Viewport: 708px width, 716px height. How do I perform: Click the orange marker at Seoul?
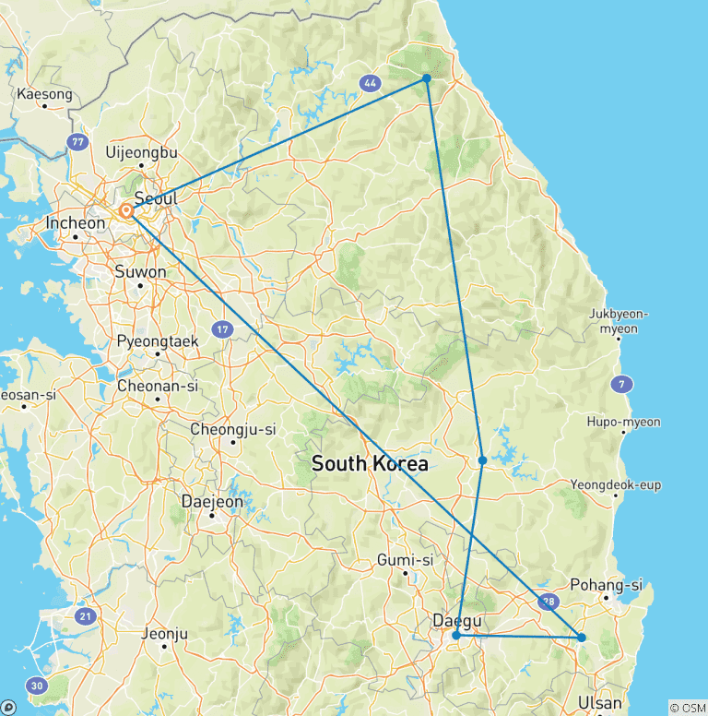126,212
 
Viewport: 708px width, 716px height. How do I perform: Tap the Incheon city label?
75,223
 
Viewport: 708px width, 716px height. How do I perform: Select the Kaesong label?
44,94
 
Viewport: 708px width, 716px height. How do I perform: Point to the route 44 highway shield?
371,83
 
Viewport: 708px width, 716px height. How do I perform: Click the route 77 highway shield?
77,141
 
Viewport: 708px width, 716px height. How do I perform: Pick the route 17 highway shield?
222,328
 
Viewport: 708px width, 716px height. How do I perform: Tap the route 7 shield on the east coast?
624,383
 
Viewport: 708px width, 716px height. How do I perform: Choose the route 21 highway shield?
85,616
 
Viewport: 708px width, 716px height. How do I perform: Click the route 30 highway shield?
37,686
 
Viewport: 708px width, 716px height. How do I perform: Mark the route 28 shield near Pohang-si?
548,601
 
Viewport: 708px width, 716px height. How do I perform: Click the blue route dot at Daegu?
456,635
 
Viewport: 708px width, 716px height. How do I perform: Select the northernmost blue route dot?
427,78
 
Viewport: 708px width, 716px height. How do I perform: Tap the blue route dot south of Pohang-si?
581,637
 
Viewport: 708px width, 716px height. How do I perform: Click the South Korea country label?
370,464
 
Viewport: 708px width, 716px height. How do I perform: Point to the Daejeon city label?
212,502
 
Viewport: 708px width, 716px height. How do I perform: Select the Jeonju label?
166,634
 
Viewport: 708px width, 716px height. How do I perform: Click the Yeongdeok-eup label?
615,485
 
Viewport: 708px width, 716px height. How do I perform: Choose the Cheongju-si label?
233,429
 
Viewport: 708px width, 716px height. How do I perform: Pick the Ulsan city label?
599,704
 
